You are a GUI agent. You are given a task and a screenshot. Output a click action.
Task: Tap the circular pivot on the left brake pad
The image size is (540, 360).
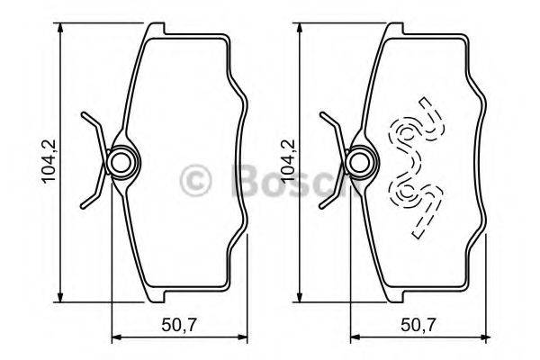pyautogui.click(x=121, y=163)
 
